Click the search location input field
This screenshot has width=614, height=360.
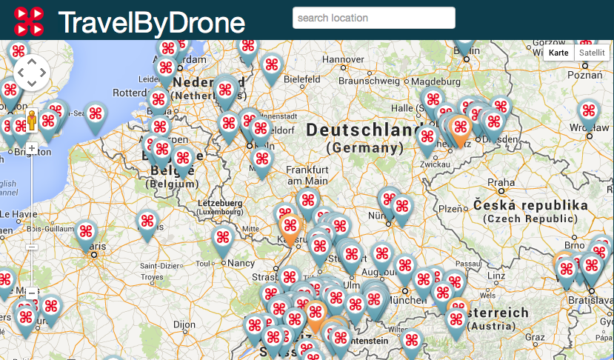pyautogui.click(x=373, y=18)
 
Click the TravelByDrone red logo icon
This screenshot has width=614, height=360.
pyautogui.click(x=29, y=21)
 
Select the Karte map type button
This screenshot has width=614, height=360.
pyautogui.click(x=558, y=53)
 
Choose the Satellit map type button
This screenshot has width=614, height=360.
pyautogui.click(x=591, y=53)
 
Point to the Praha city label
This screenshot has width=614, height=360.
pyautogui.click(x=501, y=182)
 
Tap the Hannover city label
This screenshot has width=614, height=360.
pyautogui.click(x=344, y=59)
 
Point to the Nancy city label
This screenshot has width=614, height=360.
pyautogui.click(x=241, y=262)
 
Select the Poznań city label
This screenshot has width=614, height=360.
pyautogui.click(x=591, y=75)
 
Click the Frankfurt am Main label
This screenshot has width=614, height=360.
pyautogui.click(x=307, y=175)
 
